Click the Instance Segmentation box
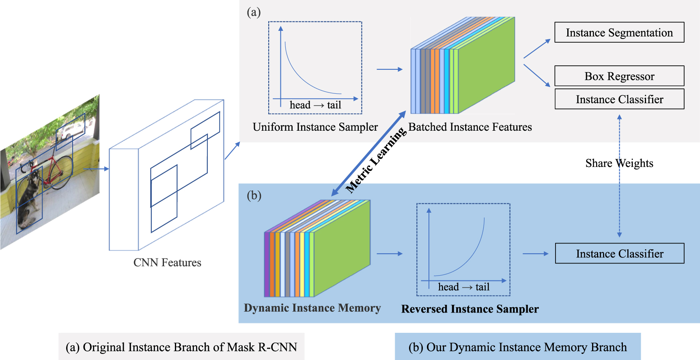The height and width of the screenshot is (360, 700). (619, 32)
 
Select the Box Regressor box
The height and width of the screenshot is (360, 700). (619, 76)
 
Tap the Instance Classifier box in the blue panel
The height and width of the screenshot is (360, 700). (619, 254)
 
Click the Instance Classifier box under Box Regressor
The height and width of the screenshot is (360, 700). (619, 99)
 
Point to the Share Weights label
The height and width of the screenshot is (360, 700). (619, 163)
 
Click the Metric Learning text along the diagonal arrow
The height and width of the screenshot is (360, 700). (376, 160)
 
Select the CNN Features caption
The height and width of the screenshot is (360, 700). (167, 263)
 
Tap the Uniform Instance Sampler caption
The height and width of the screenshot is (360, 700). (315, 127)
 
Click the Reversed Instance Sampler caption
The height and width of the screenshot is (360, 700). (470, 309)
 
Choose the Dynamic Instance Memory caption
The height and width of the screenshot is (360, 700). (312, 308)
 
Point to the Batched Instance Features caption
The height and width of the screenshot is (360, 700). (470, 127)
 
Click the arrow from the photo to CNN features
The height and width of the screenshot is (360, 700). (96, 169)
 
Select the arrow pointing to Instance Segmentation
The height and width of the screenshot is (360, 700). (536, 49)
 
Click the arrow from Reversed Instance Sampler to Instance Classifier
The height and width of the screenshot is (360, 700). (535, 254)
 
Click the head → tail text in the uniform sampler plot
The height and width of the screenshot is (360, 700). (315, 105)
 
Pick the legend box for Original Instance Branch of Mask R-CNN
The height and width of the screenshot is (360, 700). (181, 347)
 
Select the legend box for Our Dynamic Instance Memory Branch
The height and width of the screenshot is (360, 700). (517, 347)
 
